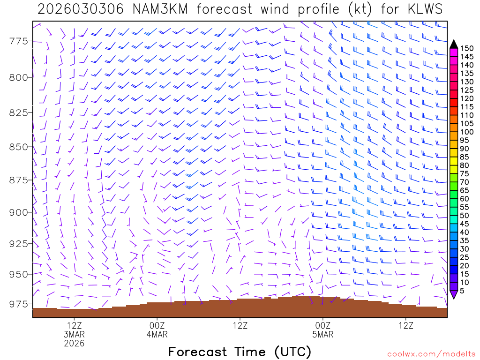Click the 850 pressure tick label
(x=19, y=147)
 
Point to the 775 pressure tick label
(x=19, y=42)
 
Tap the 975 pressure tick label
(x=19, y=304)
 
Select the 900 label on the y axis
(x=19, y=212)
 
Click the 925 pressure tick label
(x=19, y=243)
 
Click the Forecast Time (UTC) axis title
(x=240, y=352)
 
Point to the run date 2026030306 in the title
(x=80, y=9)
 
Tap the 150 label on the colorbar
(x=466, y=48)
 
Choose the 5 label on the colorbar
(x=462, y=291)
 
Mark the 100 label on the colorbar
(x=466, y=132)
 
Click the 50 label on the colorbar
(x=465, y=216)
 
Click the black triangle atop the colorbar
(x=453, y=44)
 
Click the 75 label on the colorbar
(x=465, y=174)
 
